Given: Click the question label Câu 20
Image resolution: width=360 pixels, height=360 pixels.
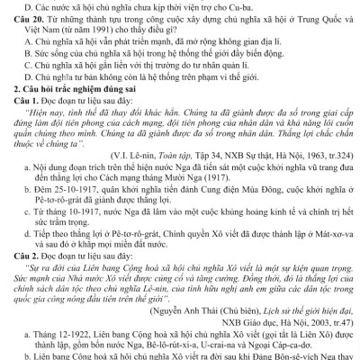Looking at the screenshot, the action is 26,20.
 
